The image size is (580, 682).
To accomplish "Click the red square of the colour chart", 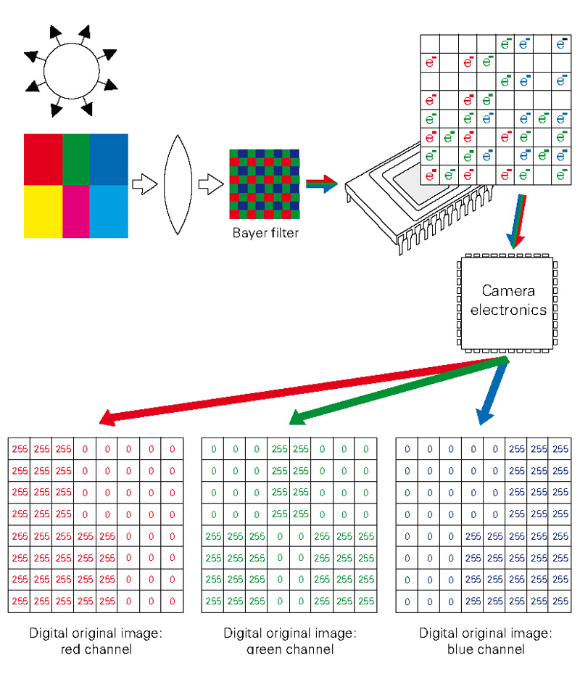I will [x=43, y=160].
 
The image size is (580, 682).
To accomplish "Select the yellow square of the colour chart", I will [x=43, y=211].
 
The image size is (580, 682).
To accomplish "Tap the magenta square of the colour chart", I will [x=76, y=211].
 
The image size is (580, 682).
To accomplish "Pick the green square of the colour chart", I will [x=76, y=160].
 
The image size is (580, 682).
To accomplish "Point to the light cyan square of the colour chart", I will [x=109, y=211].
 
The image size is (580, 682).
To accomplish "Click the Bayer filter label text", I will [x=265, y=233].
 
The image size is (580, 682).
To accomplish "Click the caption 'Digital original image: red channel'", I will [x=96, y=641].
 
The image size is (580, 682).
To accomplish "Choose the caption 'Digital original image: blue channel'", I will [x=484, y=641].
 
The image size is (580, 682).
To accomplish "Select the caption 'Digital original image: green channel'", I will [x=289, y=641].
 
